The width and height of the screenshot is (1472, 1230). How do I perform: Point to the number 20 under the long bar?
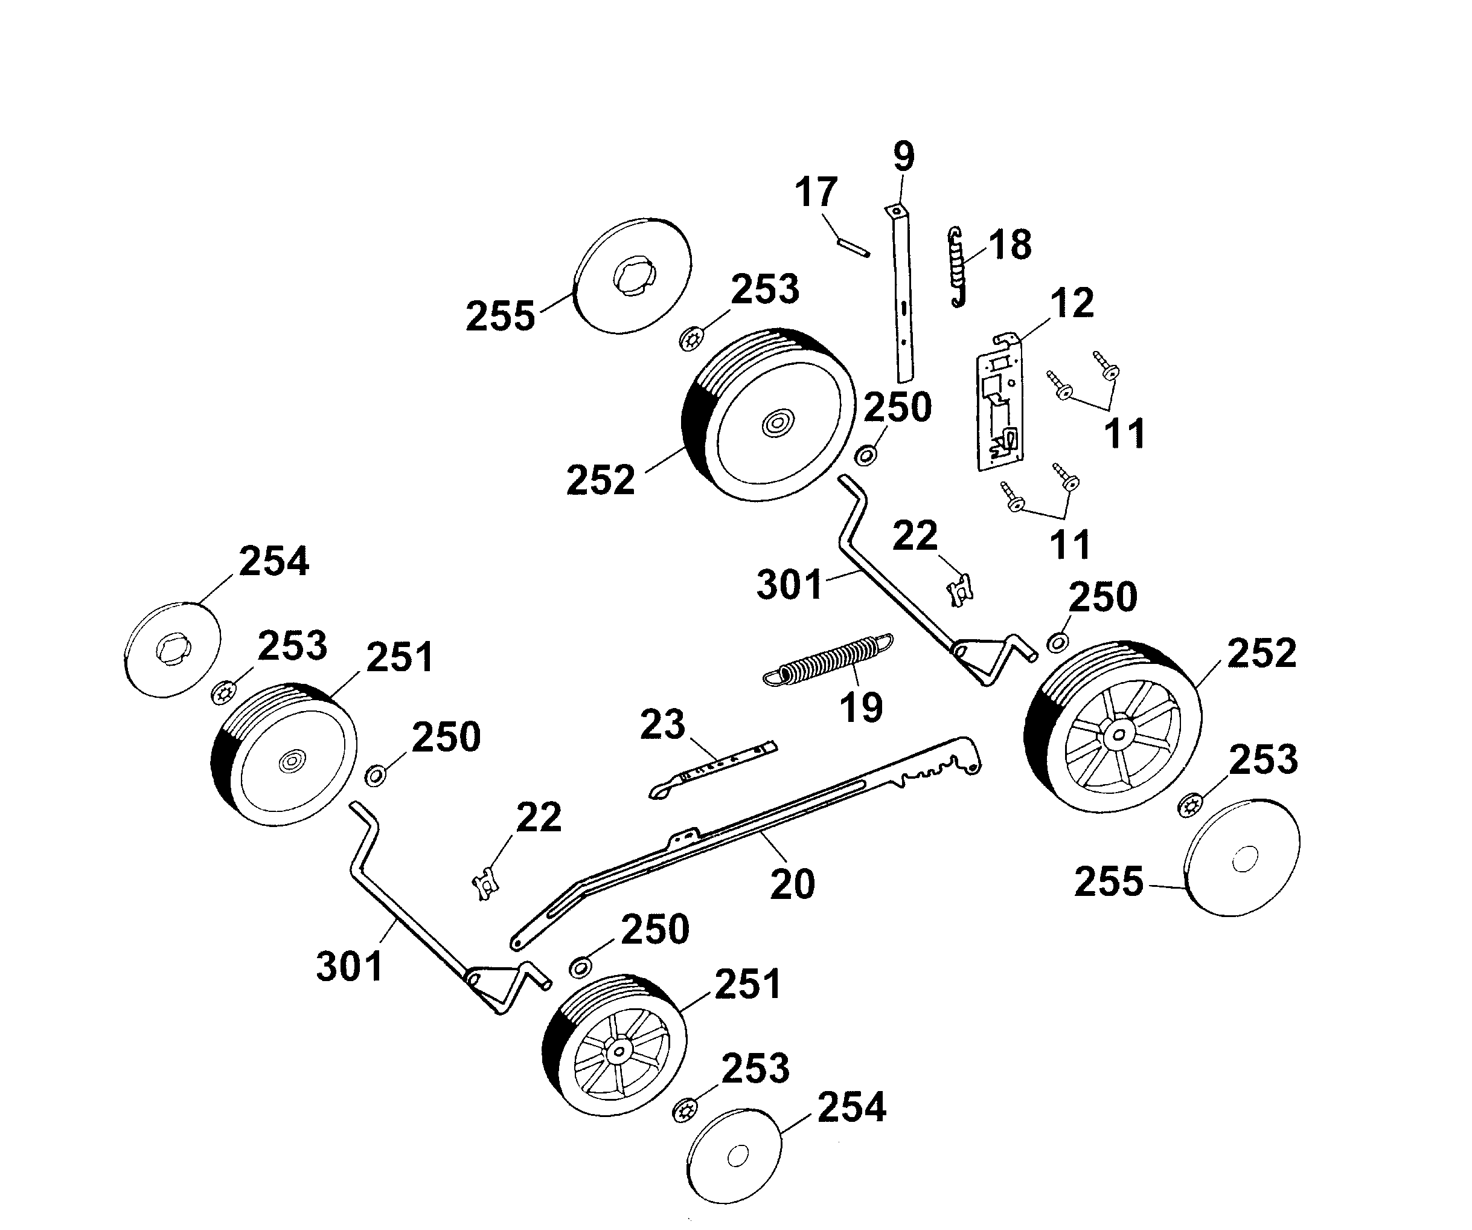tap(792, 884)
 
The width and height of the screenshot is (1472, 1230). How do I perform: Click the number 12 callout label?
tap(1072, 303)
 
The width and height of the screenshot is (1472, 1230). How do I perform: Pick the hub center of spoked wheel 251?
tap(618, 1052)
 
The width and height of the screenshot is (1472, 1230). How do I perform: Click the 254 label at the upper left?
tap(274, 562)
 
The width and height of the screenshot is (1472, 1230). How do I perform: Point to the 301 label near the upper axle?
tap(789, 585)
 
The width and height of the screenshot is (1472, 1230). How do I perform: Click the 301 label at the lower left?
tap(349, 967)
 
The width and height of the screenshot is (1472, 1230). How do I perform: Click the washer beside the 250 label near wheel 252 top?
tap(866, 456)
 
